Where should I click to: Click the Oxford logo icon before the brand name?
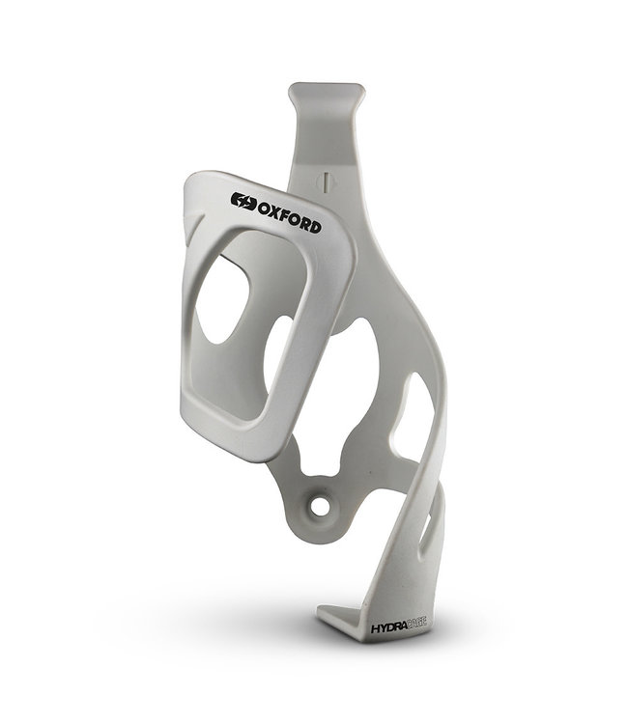tap(243, 201)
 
